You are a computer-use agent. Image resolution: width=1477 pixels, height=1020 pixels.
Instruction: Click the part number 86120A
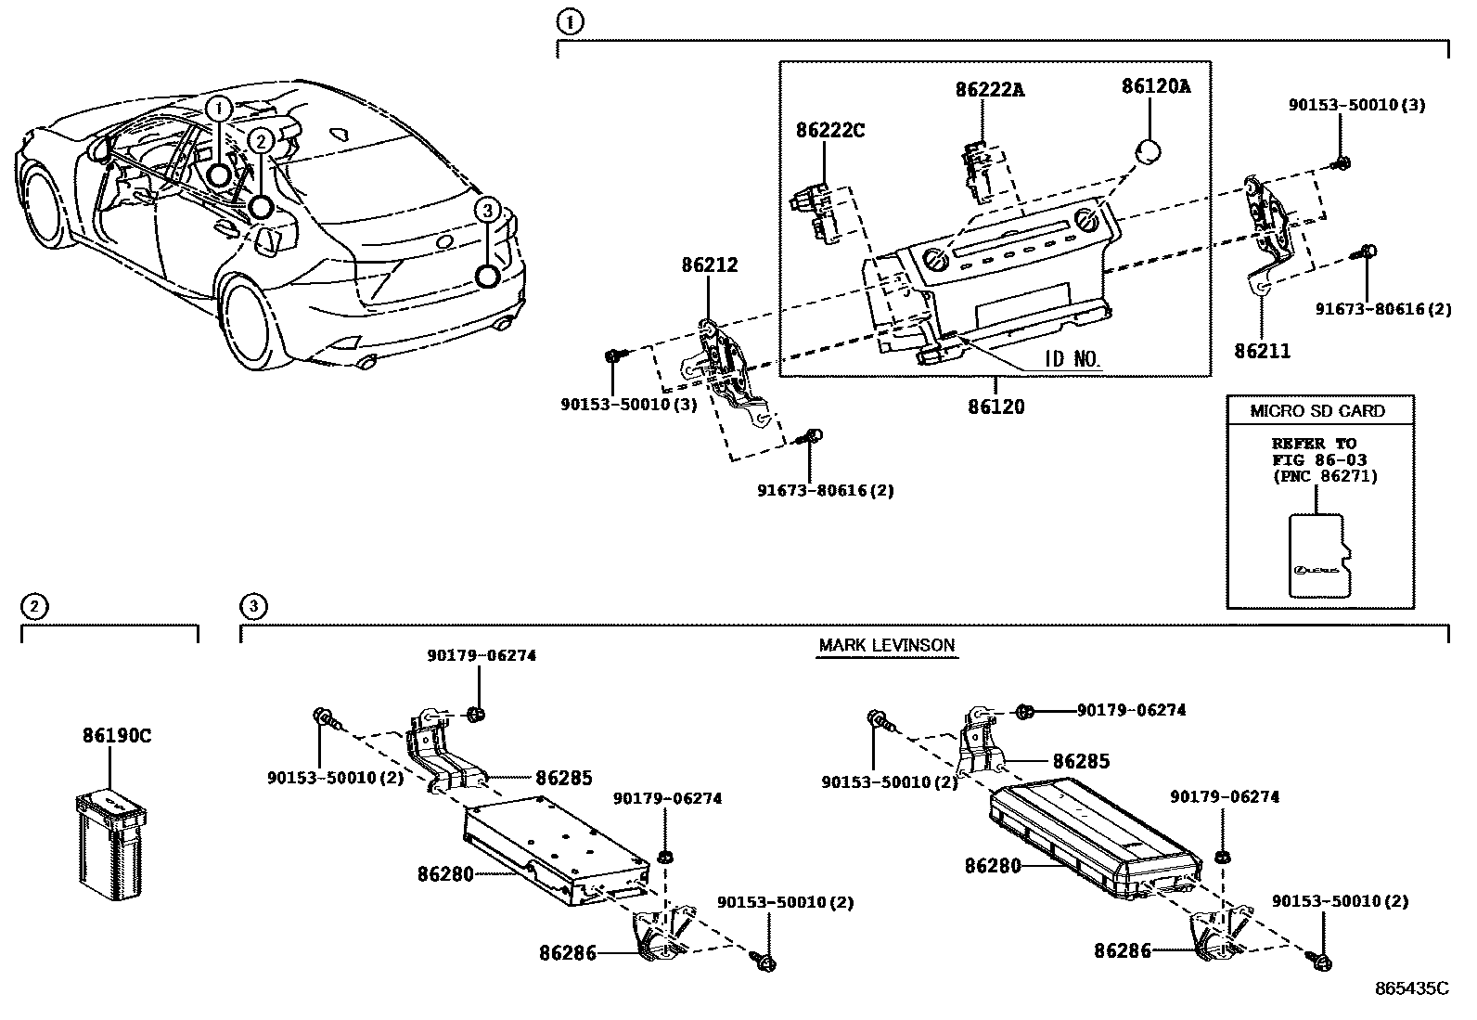(x=1155, y=86)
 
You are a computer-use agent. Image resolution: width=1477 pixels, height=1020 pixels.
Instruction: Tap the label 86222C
(x=829, y=131)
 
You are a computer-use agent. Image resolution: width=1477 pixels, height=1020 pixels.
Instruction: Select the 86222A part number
(x=990, y=90)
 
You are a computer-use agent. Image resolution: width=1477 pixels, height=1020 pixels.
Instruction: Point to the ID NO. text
(x=1072, y=360)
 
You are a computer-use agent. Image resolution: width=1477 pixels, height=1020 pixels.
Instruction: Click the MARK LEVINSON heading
(x=886, y=645)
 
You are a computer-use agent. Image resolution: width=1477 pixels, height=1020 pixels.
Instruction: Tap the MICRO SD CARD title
(x=1318, y=411)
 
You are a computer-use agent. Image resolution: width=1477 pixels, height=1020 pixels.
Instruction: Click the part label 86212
(x=710, y=265)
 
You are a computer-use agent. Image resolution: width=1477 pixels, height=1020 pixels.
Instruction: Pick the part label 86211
(x=1262, y=351)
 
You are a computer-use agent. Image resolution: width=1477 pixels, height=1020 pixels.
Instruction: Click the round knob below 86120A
(x=1149, y=150)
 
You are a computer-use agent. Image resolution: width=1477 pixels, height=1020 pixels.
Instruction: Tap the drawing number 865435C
(x=1411, y=988)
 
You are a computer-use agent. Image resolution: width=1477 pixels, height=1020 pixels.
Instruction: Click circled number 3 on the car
(x=487, y=211)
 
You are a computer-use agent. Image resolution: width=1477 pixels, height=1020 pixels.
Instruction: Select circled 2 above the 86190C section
(x=33, y=607)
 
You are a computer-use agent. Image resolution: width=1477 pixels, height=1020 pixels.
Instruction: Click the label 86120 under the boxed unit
(x=996, y=407)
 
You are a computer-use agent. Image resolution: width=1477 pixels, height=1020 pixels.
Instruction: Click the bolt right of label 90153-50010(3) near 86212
(x=614, y=355)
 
